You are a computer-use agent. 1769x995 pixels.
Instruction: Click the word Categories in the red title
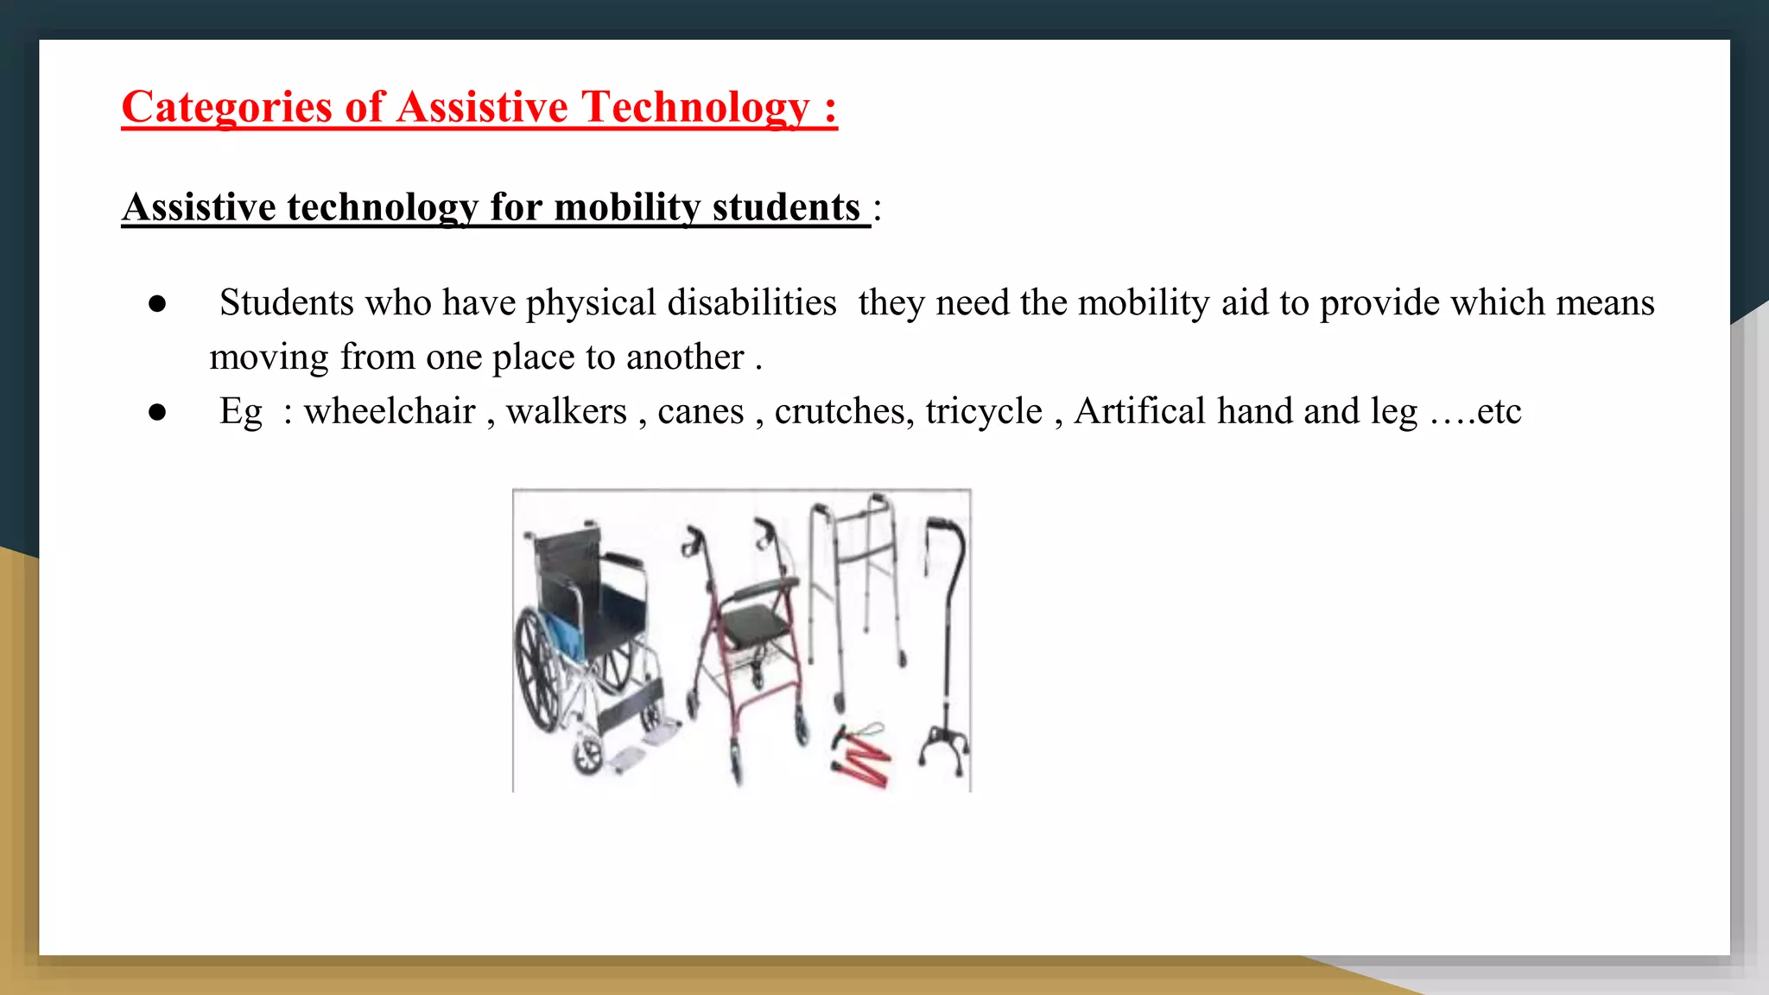click(x=226, y=108)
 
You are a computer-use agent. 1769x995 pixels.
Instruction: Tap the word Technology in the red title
click(x=695, y=108)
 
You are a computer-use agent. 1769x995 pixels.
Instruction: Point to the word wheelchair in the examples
click(x=390, y=411)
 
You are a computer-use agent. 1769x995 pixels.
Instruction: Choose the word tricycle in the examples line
click(x=984, y=411)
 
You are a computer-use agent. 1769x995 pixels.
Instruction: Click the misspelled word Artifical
click(x=1139, y=411)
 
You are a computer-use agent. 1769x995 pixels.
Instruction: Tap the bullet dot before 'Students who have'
click(x=157, y=304)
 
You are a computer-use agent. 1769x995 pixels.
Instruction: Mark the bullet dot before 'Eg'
click(x=157, y=412)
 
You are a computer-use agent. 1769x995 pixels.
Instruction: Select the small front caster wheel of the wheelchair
click(x=588, y=755)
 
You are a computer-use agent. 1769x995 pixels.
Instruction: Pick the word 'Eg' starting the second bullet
click(x=241, y=412)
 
